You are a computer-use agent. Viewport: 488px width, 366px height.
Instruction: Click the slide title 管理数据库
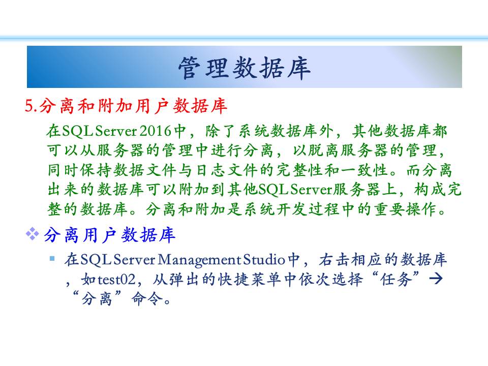click(245, 68)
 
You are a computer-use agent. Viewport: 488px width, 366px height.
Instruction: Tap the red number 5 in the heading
click(29, 106)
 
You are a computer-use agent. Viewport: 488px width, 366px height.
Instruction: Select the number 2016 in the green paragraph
click(156, 131)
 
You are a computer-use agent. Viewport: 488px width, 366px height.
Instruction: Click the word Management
click(199, 260)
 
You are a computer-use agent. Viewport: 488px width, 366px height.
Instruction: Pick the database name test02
click(117, 279)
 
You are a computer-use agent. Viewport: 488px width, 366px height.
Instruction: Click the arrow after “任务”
click(436, 279)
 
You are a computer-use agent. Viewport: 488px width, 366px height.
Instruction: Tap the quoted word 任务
click(396, 279)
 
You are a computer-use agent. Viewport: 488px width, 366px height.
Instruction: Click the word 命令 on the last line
click(147, 299)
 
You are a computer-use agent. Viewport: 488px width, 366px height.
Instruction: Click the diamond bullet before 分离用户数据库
click(33, 234)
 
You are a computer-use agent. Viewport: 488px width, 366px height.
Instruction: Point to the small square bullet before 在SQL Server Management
click(52, 258)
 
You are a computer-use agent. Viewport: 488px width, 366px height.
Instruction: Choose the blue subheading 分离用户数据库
click(110, 235)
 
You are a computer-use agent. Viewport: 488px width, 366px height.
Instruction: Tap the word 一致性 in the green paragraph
click(364, 170)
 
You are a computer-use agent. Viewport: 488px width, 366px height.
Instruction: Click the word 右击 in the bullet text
click(334, 260)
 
